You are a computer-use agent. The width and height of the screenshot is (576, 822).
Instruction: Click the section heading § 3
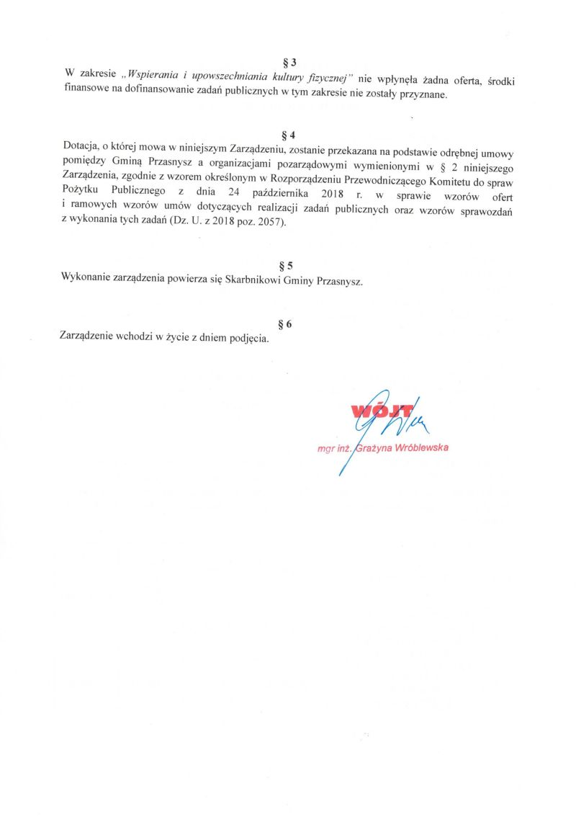(x=289, y=63)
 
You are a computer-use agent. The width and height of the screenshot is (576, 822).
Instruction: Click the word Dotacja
(x=79, y=148)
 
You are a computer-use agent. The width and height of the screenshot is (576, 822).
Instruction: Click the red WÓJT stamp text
(x=382, y=412)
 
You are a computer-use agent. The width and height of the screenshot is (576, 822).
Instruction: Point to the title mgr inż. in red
(x=334, y=449)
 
